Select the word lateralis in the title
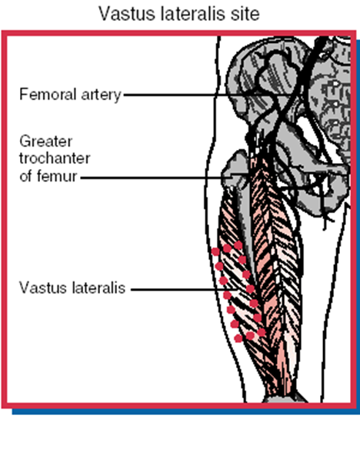point(193,14)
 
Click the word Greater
point(45,141)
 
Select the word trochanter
point(55,158)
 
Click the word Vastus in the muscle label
point(43,287)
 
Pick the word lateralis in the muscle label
point(99,287)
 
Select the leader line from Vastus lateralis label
point(185,289)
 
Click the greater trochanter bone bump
point(235,168)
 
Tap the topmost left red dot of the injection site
point(215,251)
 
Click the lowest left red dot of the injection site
point(238,338)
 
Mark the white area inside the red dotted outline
point(238,292)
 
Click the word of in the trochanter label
point(25,176)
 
